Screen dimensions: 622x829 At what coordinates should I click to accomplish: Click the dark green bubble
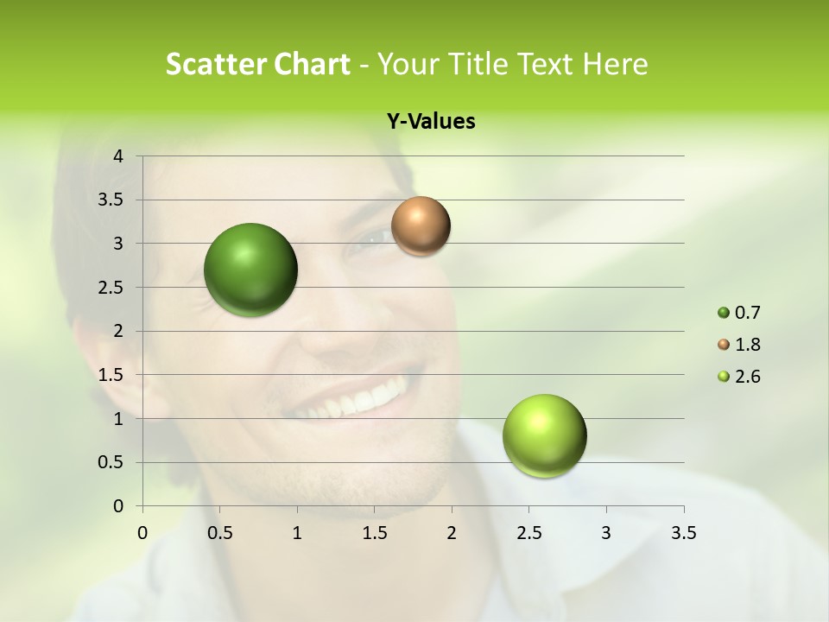(250, 270)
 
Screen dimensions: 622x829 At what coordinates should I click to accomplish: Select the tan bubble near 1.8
(421, 226)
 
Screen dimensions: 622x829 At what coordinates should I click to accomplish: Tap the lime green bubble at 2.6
(544, 435)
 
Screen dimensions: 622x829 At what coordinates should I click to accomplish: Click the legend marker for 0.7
(724, 313)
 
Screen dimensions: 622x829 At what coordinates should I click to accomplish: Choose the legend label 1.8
(747, 345)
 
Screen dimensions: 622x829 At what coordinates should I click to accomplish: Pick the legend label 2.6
(747, 377)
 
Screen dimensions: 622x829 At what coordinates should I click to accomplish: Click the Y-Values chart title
(430, 122)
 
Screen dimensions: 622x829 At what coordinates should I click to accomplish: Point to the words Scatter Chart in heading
(258, 64)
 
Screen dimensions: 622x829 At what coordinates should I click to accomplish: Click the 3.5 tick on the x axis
(683, 533)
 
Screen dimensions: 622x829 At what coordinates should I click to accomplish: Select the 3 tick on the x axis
(606, 533)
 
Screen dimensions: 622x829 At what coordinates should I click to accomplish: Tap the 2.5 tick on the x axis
(528, 533)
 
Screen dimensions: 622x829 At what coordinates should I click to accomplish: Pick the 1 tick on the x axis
(297, 533)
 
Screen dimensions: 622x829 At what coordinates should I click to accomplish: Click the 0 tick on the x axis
(143, 533)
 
